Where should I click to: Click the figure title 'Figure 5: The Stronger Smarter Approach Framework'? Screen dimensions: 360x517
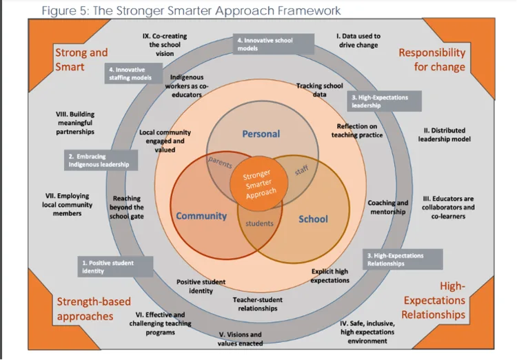[x=191, y=10]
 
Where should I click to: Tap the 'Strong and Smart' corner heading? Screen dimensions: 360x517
[x=81, y=59]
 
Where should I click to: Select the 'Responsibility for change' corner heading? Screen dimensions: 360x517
[x=432, y=59]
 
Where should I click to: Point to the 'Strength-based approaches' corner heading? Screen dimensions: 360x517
[x=85, y=308]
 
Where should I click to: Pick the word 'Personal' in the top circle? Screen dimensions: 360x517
[x=261, y=134]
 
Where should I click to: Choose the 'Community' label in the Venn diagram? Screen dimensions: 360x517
[x=201, y=216]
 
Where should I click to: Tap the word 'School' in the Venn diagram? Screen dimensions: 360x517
[x=313, y=219]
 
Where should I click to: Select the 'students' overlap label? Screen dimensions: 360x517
[x=260, y=223]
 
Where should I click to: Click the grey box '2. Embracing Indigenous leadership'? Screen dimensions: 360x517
[x=98, y=161]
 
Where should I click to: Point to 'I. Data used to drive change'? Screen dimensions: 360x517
[x=358, y=40]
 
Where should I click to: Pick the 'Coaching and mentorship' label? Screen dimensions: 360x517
[x=387, y=208]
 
